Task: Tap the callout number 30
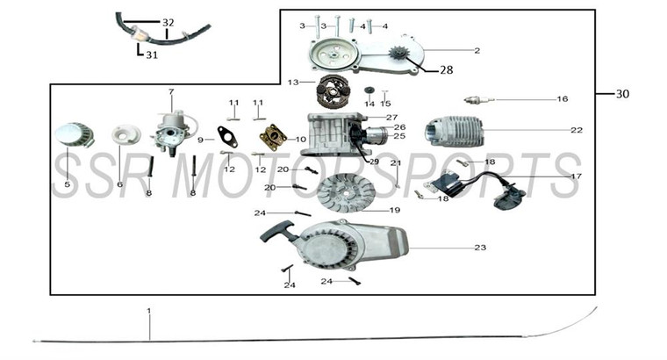click(622, 94)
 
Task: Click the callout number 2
click(477, 50)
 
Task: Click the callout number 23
click(480, 248)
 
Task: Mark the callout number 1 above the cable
click(149, 311)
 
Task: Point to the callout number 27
click(391, 117)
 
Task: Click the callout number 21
click(396, 163)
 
